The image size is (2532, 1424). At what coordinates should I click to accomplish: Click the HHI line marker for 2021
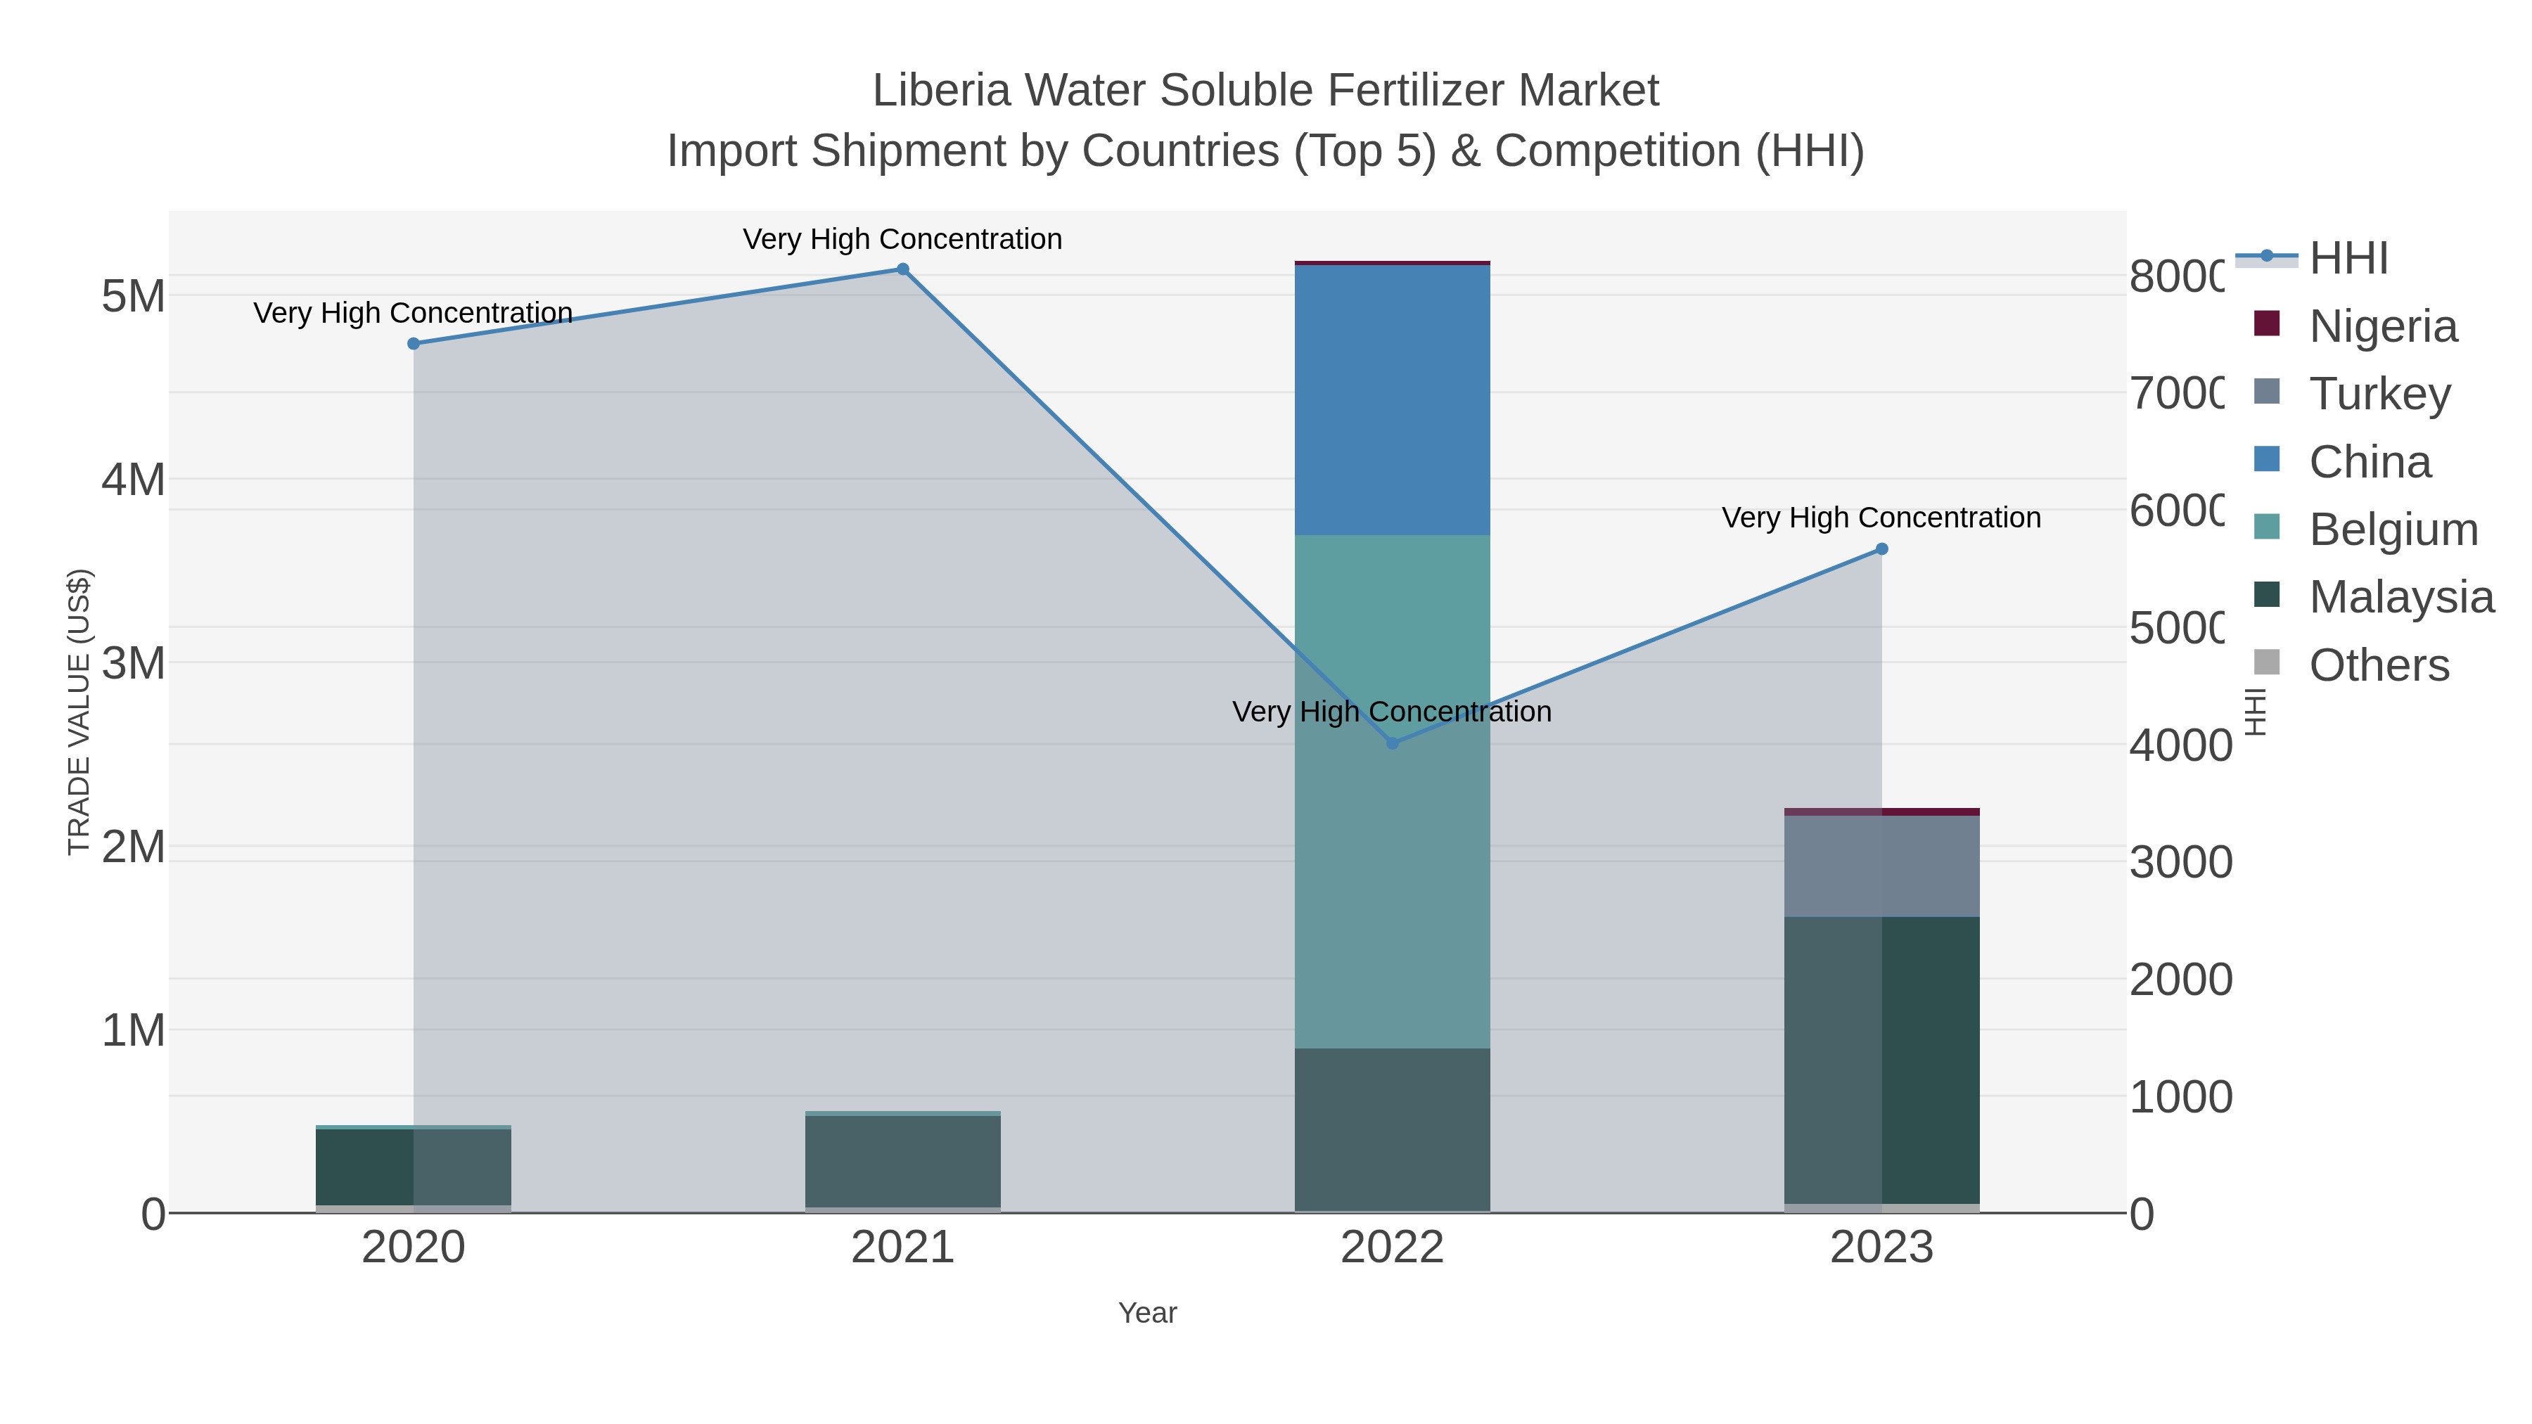click(902, 269)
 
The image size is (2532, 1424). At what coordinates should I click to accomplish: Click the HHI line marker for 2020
click(414, 344)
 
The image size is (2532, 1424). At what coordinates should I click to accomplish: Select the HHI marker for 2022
click(1392, 743)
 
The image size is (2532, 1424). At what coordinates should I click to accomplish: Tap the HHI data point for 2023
click(1881, 549)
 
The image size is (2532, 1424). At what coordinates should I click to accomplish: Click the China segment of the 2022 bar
click(1392, 400)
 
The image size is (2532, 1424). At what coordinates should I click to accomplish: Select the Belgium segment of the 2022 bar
click(1392, 791)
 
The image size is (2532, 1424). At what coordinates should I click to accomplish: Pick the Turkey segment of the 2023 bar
click(1881, 866)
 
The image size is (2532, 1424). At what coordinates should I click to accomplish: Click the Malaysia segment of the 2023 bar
click(1881, 1060)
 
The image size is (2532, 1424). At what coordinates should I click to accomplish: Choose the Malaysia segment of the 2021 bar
click(902, 1160)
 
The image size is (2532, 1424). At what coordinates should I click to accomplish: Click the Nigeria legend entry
click(2383, 326)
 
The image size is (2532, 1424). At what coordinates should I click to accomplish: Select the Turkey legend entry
click(2379, 394)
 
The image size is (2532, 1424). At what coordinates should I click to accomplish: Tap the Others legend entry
click(2379, 665)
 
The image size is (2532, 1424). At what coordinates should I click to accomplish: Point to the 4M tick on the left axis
click(134, 480)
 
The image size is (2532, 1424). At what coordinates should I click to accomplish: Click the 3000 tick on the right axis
click(2180, 863)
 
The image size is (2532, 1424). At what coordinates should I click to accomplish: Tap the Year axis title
click(1147, 1313)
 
